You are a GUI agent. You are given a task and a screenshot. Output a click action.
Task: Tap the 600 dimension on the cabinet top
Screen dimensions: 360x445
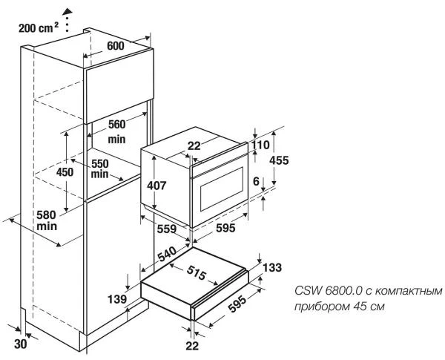116,45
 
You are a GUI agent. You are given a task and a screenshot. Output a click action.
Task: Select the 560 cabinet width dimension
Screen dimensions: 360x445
116,125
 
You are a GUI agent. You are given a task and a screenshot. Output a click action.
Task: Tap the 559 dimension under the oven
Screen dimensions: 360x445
167,229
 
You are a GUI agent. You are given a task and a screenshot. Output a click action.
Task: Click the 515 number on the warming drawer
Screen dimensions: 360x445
197,272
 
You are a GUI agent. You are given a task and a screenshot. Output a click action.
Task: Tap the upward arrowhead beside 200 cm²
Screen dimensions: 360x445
68,10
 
